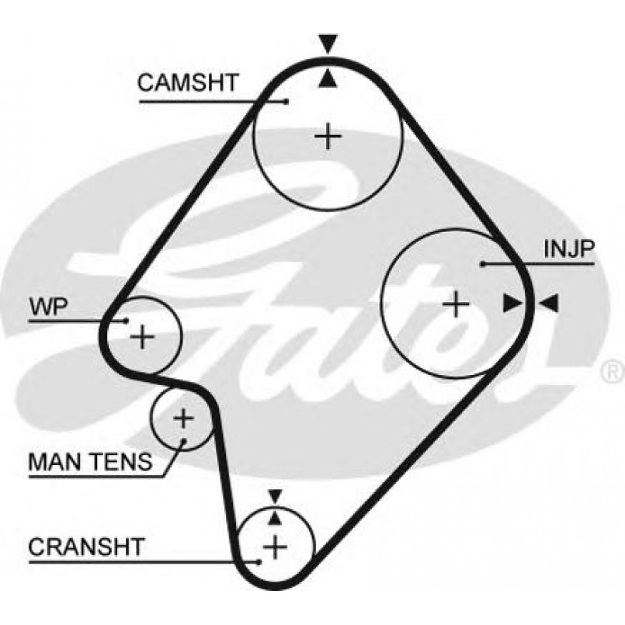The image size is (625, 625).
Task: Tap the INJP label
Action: [x=569, y=248]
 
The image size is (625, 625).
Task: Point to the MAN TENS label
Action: [x=90, y=463]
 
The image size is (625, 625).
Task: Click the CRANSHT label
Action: [x=86, y=547]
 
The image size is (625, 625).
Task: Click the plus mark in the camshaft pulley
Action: [x=328, y=137]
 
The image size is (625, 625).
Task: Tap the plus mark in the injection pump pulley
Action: [x=457, y=304]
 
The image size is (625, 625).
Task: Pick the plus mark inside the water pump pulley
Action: [x=143, y=337]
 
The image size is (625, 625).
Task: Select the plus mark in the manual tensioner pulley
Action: [x=182, y=419]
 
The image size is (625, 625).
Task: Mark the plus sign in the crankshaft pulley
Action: [x=275, y=547]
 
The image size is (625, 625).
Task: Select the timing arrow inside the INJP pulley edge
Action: [x=512, y=304]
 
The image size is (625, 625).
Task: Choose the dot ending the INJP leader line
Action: [x=483, y=265]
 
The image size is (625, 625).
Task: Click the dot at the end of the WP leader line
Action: [x=125, y=320]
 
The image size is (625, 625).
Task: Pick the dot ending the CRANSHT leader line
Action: [x=258, y=561]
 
